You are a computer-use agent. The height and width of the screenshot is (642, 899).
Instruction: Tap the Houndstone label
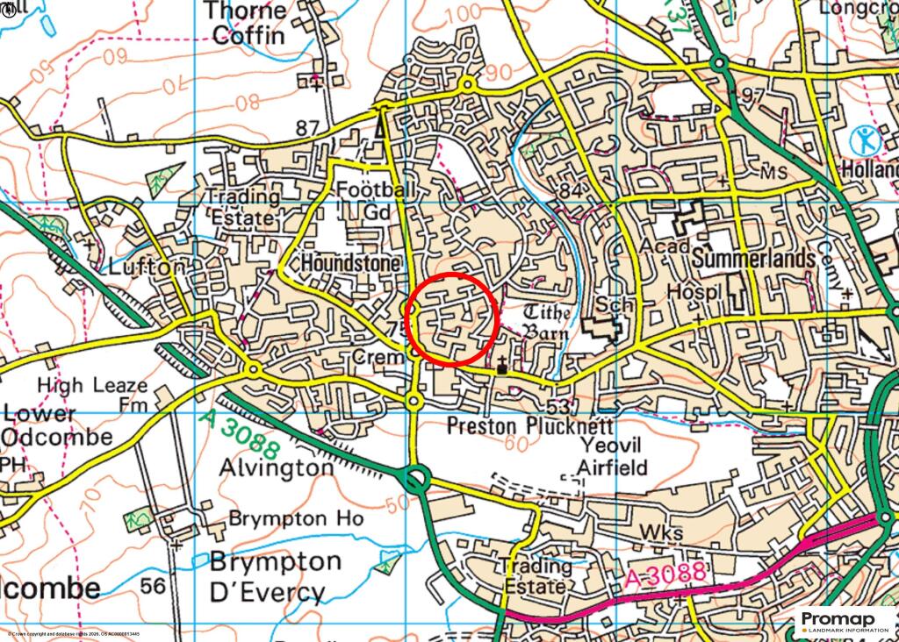350,263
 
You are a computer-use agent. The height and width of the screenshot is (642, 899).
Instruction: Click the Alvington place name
275,467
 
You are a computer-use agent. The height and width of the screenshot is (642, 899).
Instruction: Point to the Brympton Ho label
295,518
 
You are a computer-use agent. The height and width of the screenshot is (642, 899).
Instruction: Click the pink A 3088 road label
666,575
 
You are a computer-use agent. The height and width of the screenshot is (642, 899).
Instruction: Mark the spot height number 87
306,128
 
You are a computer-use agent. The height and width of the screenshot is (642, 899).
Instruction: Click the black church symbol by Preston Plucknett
502,366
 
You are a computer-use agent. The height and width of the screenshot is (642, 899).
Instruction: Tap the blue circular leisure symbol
864,139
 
